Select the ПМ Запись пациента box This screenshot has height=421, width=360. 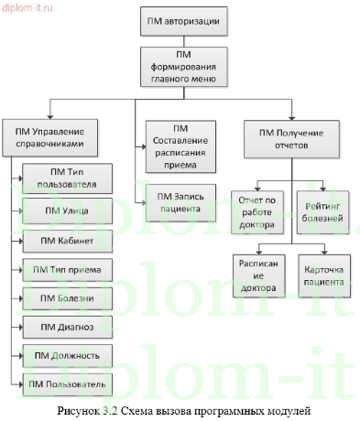[x=179, y=201]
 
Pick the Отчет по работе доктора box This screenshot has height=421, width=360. [x=256, y=211]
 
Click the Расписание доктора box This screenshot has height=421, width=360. [x=256, y=275]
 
